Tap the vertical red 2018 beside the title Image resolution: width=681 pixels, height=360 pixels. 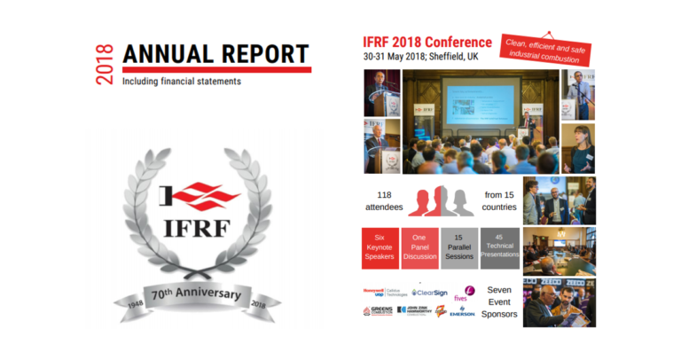[x=106, y=63]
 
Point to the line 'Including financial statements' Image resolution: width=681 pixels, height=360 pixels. [x=182, y=81]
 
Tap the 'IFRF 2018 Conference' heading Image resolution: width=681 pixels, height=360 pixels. [x=427, y=42]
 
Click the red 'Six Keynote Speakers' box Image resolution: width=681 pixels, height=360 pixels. [x=380, y=248]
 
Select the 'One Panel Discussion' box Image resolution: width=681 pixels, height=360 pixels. [x=420, y=248]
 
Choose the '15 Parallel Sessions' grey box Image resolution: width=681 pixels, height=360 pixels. [x=459, y=248]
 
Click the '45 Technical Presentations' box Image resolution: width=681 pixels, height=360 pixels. [x=499, y=248]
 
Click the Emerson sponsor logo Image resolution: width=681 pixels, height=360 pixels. [x=462, y=311]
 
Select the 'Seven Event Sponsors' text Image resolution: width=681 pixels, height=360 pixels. [x=499, y=301]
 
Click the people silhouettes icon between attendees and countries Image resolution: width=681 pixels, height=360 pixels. [x=441, y=201]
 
